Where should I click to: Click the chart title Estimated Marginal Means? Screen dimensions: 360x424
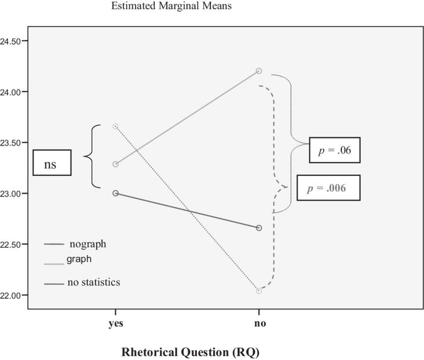[172, 6]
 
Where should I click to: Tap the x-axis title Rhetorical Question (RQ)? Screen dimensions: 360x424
[190, 352]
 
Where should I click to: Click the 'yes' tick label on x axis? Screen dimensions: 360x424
[116, 324]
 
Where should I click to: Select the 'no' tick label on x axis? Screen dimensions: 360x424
[259, 324]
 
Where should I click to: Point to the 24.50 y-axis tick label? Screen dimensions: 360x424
[10, 41]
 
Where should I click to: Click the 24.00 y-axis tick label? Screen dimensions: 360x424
[10, 92]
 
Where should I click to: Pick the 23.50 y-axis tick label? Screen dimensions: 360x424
[10, 143]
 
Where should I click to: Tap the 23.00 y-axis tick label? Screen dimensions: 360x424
[10, 193]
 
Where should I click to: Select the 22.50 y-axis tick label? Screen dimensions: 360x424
[10, 244]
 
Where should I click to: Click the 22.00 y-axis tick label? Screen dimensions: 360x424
[10, 295]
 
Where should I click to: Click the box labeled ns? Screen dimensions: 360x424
[52, 163]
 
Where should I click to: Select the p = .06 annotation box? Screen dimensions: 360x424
[335, 150]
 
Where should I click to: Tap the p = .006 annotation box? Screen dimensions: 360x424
[328, 187]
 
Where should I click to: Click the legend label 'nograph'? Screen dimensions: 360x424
[88, 244]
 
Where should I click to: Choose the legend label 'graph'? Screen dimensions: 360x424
[79, 259]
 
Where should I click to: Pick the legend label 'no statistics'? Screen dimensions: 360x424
[94, 282]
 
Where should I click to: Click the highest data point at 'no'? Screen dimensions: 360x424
[259, 71]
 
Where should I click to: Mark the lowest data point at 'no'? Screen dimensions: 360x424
[259, 291]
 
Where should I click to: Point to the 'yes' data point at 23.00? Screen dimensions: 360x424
[116, 193]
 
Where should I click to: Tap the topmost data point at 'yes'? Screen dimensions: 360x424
[116, 126]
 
